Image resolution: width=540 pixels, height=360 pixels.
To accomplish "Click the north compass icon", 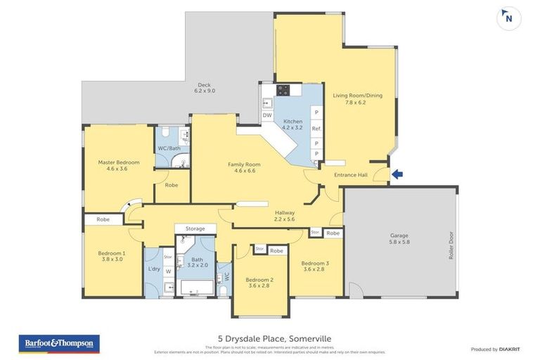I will click(508, 18).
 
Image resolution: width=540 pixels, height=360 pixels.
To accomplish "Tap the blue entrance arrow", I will click(397, 174).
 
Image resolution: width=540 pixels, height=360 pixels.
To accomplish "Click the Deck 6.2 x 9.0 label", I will click(205, 88).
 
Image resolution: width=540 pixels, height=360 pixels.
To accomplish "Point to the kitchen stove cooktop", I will click(283, 90).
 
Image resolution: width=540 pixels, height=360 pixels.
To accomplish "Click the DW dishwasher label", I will click(267, 115).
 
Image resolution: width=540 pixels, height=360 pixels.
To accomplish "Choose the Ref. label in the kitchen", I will click(316, 129).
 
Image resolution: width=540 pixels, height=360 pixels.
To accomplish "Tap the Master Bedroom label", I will click(118, 165).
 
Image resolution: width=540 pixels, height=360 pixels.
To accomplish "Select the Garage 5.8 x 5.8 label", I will click(399, 239).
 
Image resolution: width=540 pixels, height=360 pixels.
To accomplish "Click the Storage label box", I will click(195, 229).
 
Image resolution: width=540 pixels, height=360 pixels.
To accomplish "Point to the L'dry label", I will click(154, 269).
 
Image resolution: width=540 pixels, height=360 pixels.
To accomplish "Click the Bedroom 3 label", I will click(316, 266).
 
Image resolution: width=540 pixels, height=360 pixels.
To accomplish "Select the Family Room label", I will click(244, 167).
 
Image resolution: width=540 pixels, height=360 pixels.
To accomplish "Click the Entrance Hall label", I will click(351, 174).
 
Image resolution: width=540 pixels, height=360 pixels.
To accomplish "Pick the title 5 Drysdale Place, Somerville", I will click(269, 339).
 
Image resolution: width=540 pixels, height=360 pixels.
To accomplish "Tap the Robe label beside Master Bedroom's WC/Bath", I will click(171, 185).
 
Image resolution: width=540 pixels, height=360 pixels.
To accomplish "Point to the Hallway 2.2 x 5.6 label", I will click(285, 215).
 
